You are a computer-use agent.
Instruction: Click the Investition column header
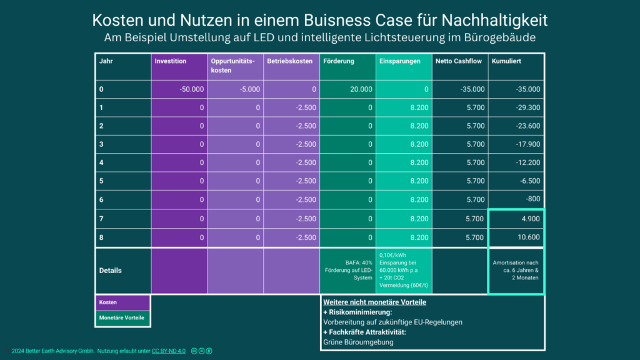171,61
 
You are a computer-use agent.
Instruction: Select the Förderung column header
339,61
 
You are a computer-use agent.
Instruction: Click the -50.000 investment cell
191,89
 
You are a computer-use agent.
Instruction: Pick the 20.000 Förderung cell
361,89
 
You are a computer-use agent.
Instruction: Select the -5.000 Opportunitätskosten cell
249,89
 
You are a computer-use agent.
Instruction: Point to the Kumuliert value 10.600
527,238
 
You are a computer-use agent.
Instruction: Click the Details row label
111,271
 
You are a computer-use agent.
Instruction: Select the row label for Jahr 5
102,181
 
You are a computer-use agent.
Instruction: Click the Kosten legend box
122,302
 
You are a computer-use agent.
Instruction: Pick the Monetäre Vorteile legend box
122,318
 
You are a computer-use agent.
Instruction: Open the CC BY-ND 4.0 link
169,351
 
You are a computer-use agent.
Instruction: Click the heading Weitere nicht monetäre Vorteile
374,302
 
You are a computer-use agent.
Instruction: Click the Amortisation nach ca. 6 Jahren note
516,270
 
